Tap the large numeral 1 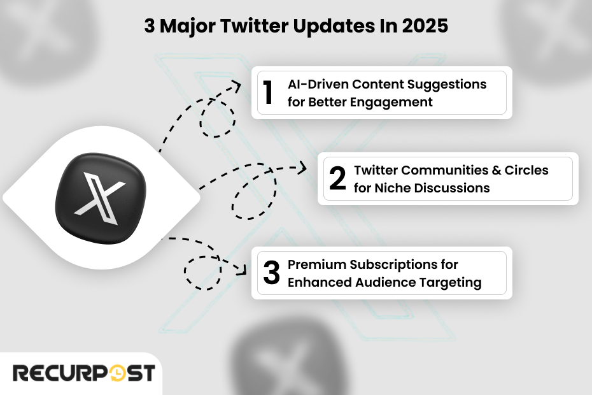269,93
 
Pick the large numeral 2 337,179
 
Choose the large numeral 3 271,273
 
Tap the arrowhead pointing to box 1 238,85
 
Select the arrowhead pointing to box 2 303,168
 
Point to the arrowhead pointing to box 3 243,271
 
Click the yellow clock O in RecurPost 118,373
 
